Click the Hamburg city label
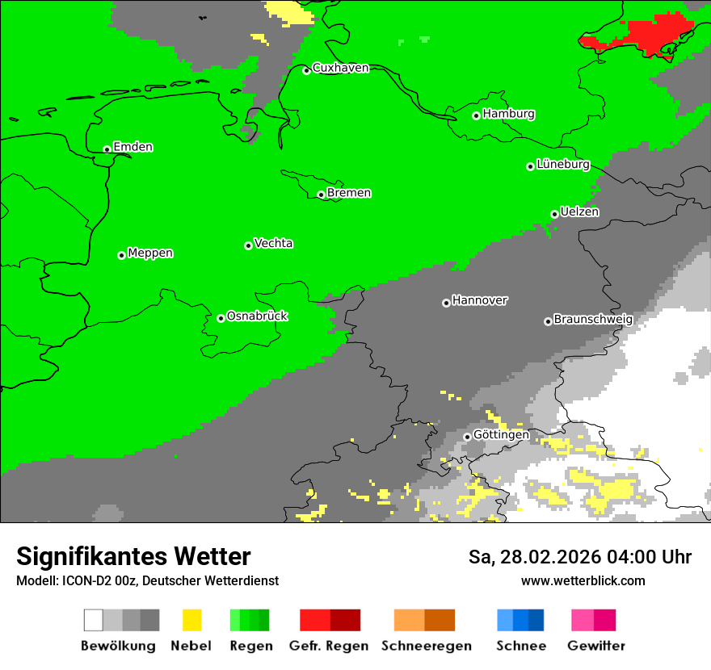point(508,114)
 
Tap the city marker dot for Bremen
point(321,195)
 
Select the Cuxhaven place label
point(340,68)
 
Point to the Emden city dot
point(107,149)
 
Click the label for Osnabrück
point(257,316)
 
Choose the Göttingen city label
point(501,435)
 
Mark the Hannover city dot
point(446,304)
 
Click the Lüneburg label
point(562,165)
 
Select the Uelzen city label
point(579,212)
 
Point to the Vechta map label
point(273,244)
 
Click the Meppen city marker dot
point(121,255)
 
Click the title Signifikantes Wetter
point(133,557)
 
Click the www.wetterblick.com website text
point(583,581)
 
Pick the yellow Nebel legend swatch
point(191,620)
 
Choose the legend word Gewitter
point(595,646)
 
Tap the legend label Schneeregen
point(426,646)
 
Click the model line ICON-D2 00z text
point(147,581)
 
